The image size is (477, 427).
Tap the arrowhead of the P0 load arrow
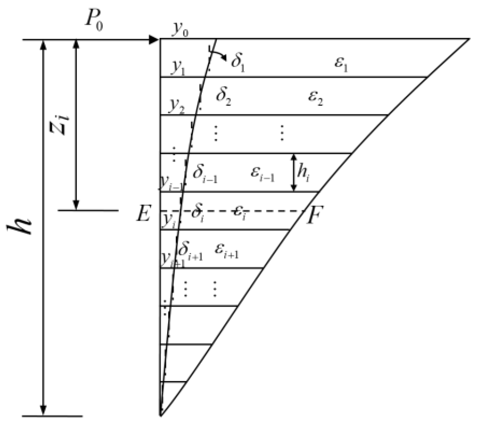155,40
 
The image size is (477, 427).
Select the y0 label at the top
180,30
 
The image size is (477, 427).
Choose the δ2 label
223,97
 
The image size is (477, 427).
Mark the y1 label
177,68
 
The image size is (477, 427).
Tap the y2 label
177,106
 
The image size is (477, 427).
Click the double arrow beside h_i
294,172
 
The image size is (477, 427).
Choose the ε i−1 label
262,174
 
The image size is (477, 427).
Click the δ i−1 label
205,174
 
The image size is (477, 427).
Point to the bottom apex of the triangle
161,415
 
